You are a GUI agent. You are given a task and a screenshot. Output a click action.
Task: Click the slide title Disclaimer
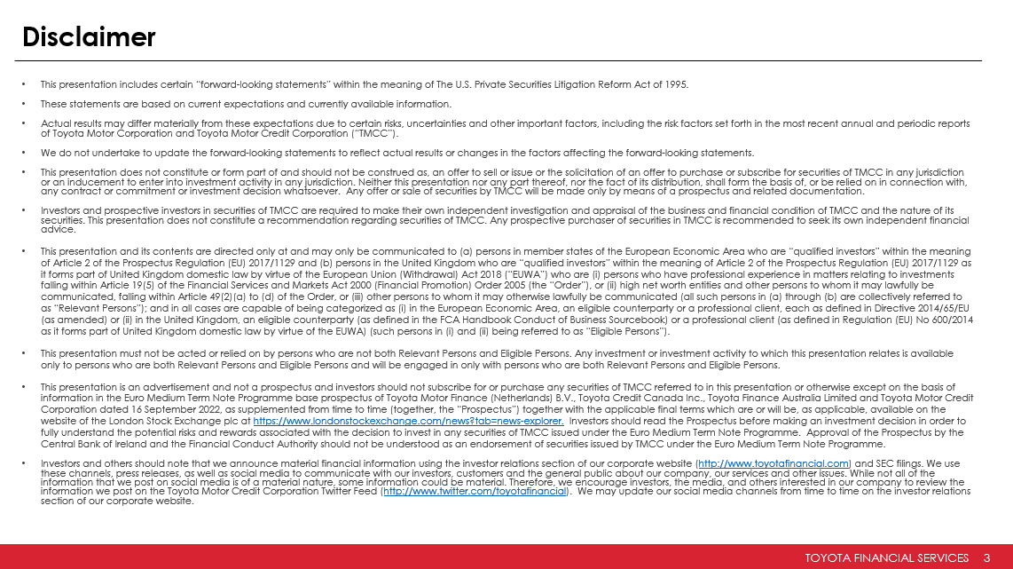click(x=89, y=36)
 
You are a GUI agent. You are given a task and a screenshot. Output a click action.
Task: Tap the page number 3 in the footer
click(x=987, y=557)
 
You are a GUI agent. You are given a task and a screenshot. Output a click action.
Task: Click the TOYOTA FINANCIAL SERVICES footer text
click(x=886, y=557)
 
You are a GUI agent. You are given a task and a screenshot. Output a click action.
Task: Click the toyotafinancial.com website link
click(x=773, y=463)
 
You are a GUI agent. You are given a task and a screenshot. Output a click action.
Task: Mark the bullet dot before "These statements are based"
click(x=26, y=102)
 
